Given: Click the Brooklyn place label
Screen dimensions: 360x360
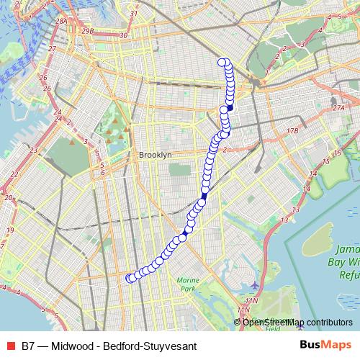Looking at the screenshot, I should [x=155, y=155].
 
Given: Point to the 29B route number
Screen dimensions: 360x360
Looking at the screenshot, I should [x=89, y=31].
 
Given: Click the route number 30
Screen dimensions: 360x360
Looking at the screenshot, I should [x=123, y=35].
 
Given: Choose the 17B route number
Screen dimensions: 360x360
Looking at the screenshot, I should [x=291, y=131].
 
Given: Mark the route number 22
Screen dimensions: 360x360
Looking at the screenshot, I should [x=13, y=174].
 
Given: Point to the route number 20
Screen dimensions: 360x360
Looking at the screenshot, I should [x=9, y=197].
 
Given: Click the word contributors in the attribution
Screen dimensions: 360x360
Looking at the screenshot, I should [x=328, y=322].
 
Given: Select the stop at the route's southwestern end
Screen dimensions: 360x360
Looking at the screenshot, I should [x=130, y=278].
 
